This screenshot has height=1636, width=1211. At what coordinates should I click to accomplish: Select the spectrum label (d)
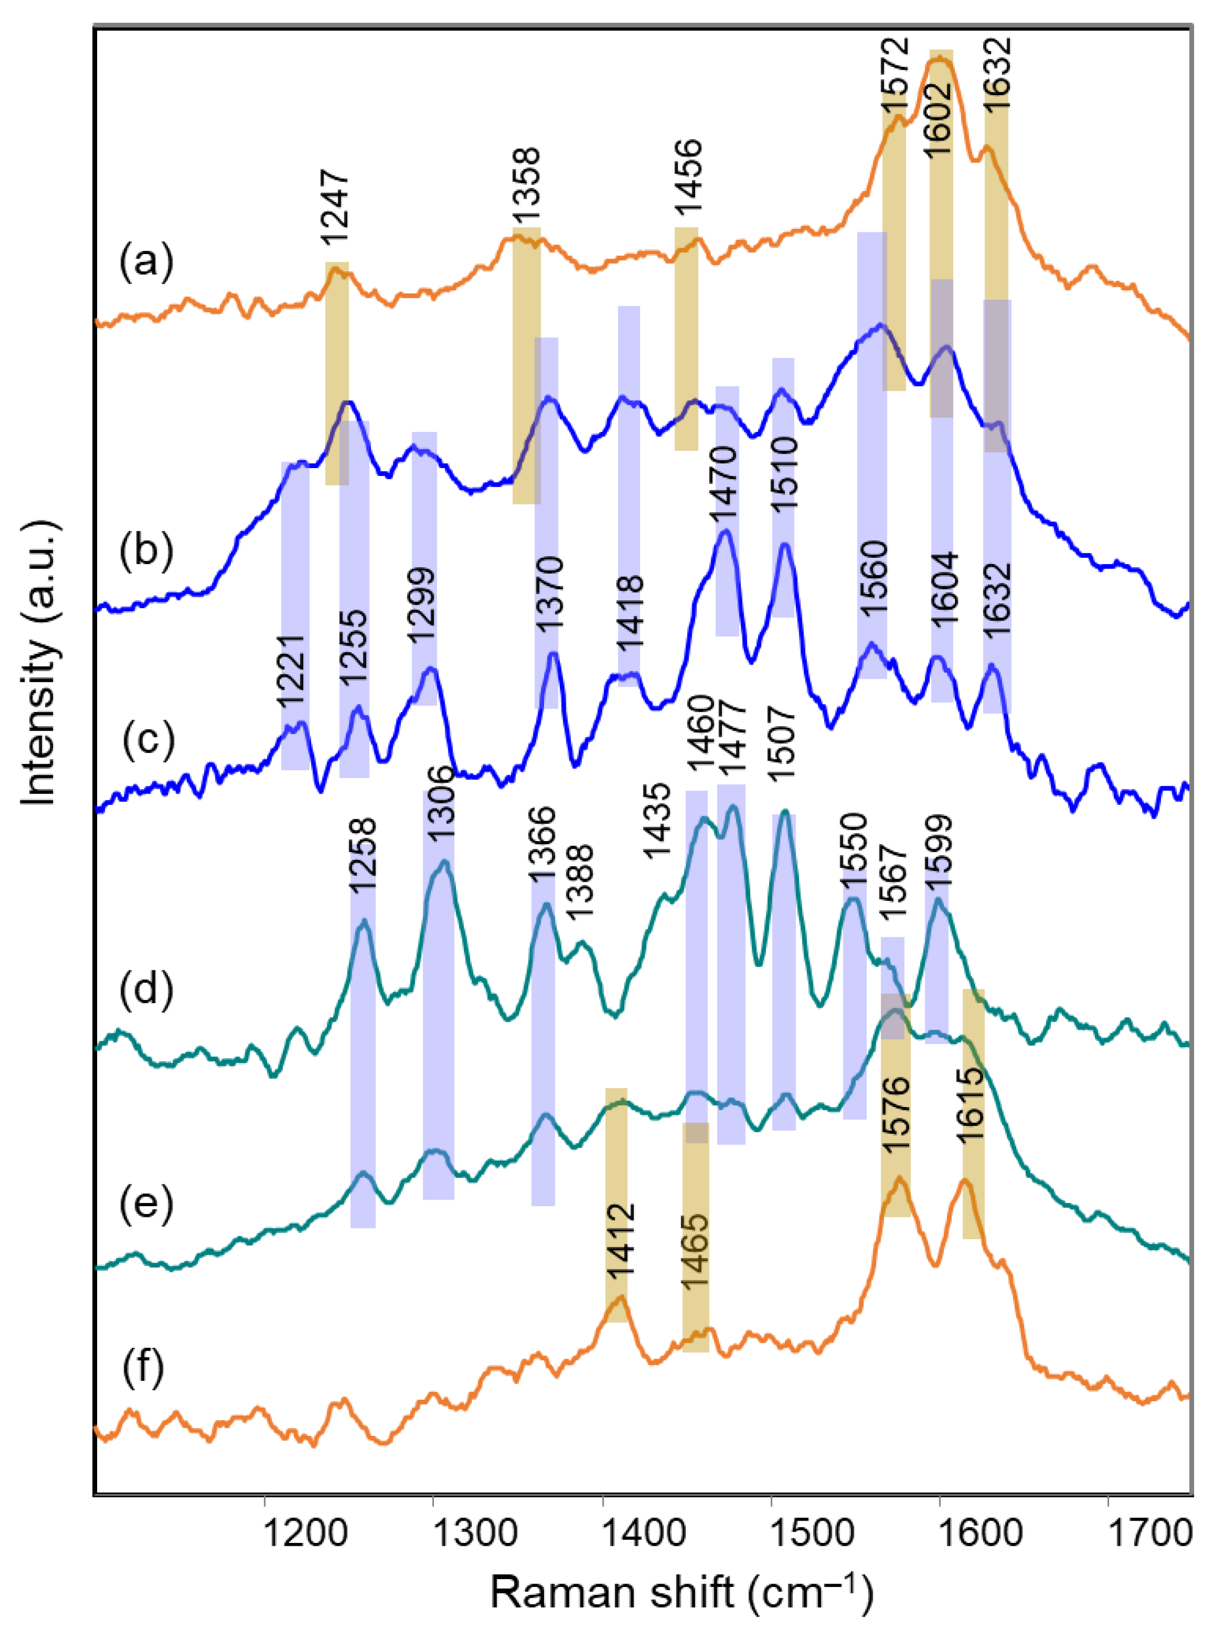coord(147,989)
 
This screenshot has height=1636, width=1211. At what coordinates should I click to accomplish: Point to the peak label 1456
coord(688,178)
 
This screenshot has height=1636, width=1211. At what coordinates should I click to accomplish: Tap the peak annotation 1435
coord(658,821)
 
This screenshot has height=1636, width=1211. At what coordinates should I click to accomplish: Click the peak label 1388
coord(579,882)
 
